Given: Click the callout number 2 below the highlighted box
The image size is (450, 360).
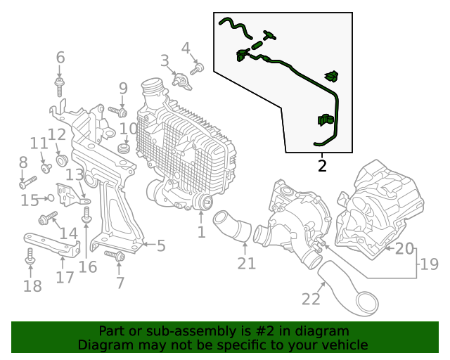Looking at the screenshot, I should [x=322, y=167].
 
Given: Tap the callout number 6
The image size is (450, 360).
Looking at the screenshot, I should [x=60, y=58].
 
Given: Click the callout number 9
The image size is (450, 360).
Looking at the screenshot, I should [x=123, y=89].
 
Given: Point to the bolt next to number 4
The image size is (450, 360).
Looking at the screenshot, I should [x=196, y=69].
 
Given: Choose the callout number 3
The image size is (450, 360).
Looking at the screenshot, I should [x=165, y=61].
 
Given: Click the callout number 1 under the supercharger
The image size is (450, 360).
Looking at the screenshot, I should [x=201, y=231].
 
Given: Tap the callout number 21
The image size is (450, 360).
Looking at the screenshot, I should [x=246, y=264].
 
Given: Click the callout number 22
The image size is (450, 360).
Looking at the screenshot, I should [x=311, y=299].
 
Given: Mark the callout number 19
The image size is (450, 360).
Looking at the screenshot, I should [x=429, y=265].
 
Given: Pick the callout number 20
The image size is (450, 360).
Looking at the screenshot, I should [x=404, y=248].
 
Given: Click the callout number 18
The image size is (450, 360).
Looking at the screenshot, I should [x=32, y=286].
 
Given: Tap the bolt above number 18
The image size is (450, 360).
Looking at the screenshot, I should [x=30, y=257].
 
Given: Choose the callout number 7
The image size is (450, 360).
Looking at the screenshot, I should [x=120, y=283].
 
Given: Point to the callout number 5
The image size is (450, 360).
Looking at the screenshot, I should [x=161, y=245].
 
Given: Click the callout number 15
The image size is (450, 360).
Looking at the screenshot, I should [x=30, y=200].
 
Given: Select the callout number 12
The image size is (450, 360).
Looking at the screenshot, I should [x=57, y=134].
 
